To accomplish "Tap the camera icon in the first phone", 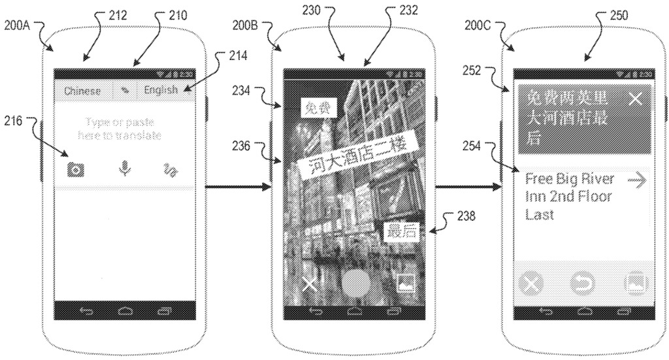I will (76, 169).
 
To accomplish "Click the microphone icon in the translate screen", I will (124, 169).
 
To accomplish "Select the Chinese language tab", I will (82, 91).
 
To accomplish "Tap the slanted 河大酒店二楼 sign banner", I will (355, 160).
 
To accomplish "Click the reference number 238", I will (465, 214).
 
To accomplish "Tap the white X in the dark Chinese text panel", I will (635, 99).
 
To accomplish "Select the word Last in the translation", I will (540, 215).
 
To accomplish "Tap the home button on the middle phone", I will (355, 310).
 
